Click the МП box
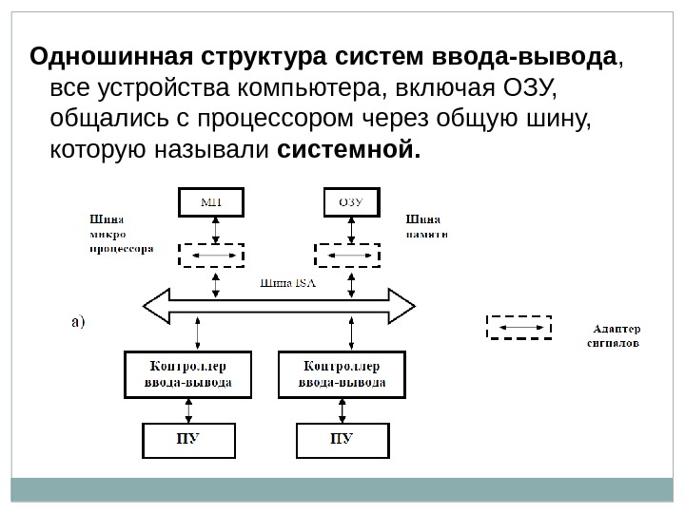[x=210, y=201]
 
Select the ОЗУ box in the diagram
[x=348, y=201]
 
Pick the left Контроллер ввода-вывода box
[x=190, y=374]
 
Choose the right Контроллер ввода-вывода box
[x=343, y=374]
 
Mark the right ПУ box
[x=342, y=439]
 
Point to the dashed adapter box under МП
[x=211, y=256]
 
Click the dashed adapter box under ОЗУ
[x=348, y=256]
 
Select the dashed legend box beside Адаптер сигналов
[x=519, y=328]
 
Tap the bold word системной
[x=348, y=150]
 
